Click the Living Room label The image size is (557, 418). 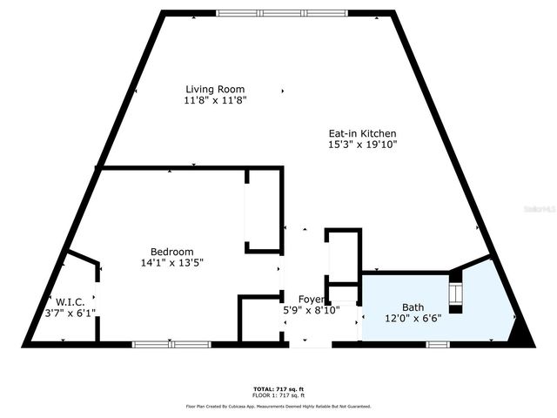214,89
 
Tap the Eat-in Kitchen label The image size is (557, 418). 363,133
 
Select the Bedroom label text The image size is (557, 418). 171,251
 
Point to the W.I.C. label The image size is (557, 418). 71,301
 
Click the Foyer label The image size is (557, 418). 312,300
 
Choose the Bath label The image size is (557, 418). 413,307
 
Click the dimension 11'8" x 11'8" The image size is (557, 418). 215,101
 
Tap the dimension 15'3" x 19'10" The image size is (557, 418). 363,145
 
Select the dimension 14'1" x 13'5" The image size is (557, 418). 171,262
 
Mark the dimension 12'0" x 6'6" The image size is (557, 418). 413,318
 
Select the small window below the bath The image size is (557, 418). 438,344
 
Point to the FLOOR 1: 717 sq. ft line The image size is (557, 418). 278,394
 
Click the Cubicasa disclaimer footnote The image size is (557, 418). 278,406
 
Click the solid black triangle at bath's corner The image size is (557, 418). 521,334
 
